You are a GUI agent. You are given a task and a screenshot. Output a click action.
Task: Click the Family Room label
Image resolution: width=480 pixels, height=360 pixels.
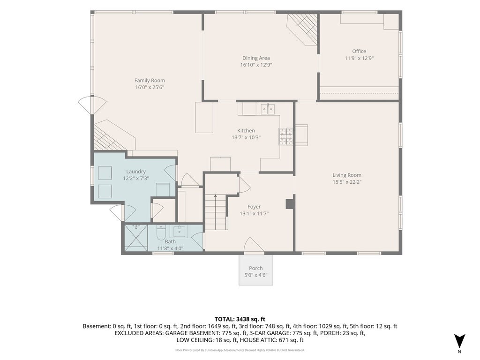(x=150, y=81)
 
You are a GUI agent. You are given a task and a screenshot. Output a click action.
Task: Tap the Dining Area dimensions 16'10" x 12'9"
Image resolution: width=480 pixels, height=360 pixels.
(x=256, y=65)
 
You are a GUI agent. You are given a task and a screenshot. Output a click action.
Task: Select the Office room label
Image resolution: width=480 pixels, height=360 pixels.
(x=359, y=52)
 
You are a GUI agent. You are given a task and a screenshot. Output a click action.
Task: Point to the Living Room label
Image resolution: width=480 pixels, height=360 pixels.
(x=347, y=175)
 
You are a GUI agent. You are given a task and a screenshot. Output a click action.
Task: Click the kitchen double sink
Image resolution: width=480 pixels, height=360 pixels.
(x=268, y=109)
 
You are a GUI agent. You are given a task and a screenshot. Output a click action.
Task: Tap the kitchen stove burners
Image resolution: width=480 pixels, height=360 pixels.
(x=286, y=136)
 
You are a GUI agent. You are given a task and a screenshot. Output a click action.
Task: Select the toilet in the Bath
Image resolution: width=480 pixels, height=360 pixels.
(x=161, y=232)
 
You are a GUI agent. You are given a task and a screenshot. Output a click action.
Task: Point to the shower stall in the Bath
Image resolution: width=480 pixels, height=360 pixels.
(x=135, y=238)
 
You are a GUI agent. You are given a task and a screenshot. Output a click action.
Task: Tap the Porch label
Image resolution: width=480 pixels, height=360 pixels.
(x=256, y=268)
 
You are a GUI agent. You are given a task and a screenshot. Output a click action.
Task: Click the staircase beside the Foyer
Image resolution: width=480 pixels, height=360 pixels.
(x=216, y=212)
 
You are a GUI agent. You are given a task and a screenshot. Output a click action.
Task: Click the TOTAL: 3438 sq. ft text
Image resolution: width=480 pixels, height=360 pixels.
(x=240, y=319)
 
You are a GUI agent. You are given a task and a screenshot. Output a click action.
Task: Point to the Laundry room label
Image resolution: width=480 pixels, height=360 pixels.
(x=136, y=172)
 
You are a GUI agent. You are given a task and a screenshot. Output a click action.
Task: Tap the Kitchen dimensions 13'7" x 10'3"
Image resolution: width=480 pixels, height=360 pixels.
(x=246, y=137)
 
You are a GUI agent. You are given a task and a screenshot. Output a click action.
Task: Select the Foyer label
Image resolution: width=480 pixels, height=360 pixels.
(x=254, y=207)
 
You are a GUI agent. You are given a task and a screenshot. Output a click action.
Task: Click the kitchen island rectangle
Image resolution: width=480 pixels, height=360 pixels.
(x=204, y=117)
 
